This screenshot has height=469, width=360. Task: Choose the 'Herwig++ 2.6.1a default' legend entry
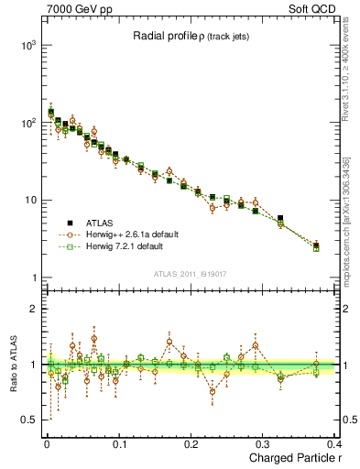click(x=132, y=234)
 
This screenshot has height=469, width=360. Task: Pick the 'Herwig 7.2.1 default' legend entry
click(x=128, y=246)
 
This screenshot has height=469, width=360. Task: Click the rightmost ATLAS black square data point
click(x=316, y=245)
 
